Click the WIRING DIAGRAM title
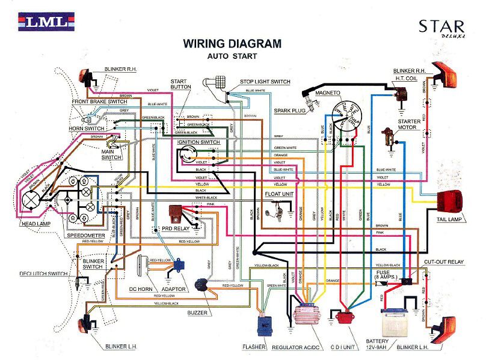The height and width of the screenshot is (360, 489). (232, 44)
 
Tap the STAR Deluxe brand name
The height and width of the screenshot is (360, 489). (441, 28)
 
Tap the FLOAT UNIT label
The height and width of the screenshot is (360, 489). (278, 194)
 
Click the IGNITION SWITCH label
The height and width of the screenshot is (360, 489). (198, 142)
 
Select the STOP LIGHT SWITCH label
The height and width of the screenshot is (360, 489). (265, 82)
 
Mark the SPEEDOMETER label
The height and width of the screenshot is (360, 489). (86, 236)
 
